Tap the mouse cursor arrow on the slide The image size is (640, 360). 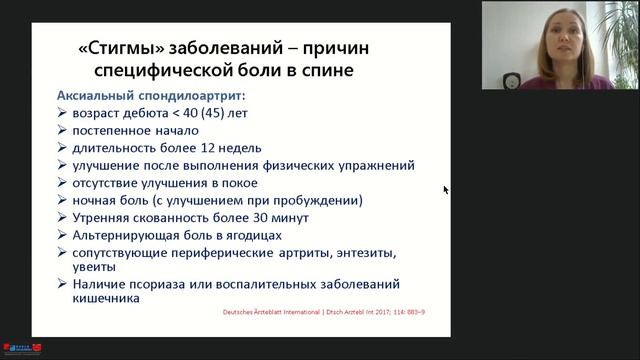446,190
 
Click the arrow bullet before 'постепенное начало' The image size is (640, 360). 63,131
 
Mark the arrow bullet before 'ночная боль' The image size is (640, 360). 63,200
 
